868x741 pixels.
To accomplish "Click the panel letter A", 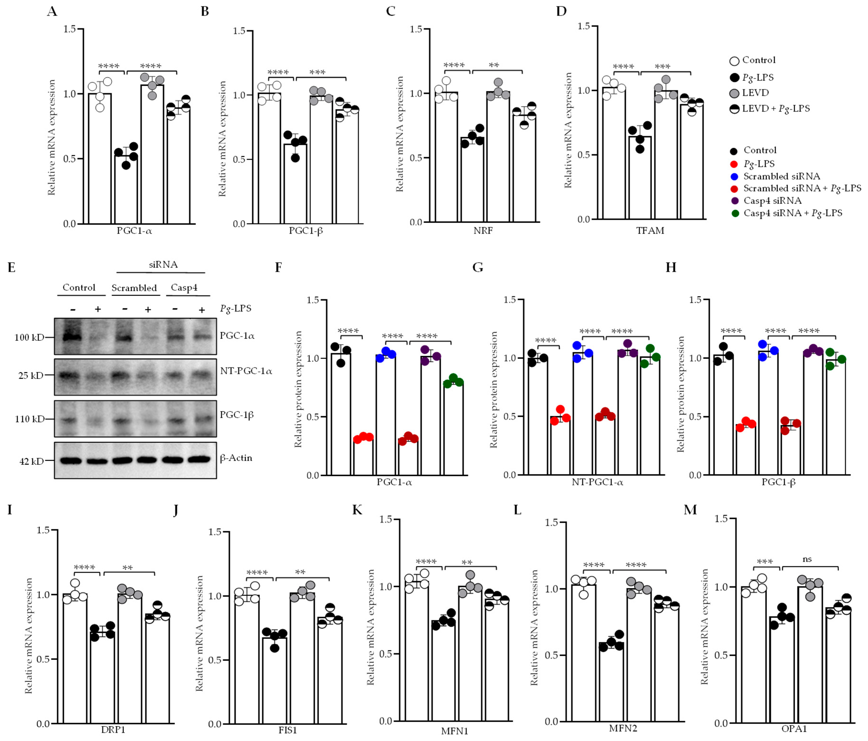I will [x=52, y=11].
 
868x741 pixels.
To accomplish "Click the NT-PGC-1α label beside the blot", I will [x=246, y=371].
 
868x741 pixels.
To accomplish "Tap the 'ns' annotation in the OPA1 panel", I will [x=807, y=559].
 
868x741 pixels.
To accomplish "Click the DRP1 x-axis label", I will [x=113, y=730].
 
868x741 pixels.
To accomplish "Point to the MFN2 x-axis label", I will [x=623, y=728].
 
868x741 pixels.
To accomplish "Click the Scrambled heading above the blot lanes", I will [x=134, y=288].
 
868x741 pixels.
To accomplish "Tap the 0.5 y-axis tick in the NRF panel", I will [x=416, y=158].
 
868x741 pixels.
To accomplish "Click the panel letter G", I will [x=478, y=267].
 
